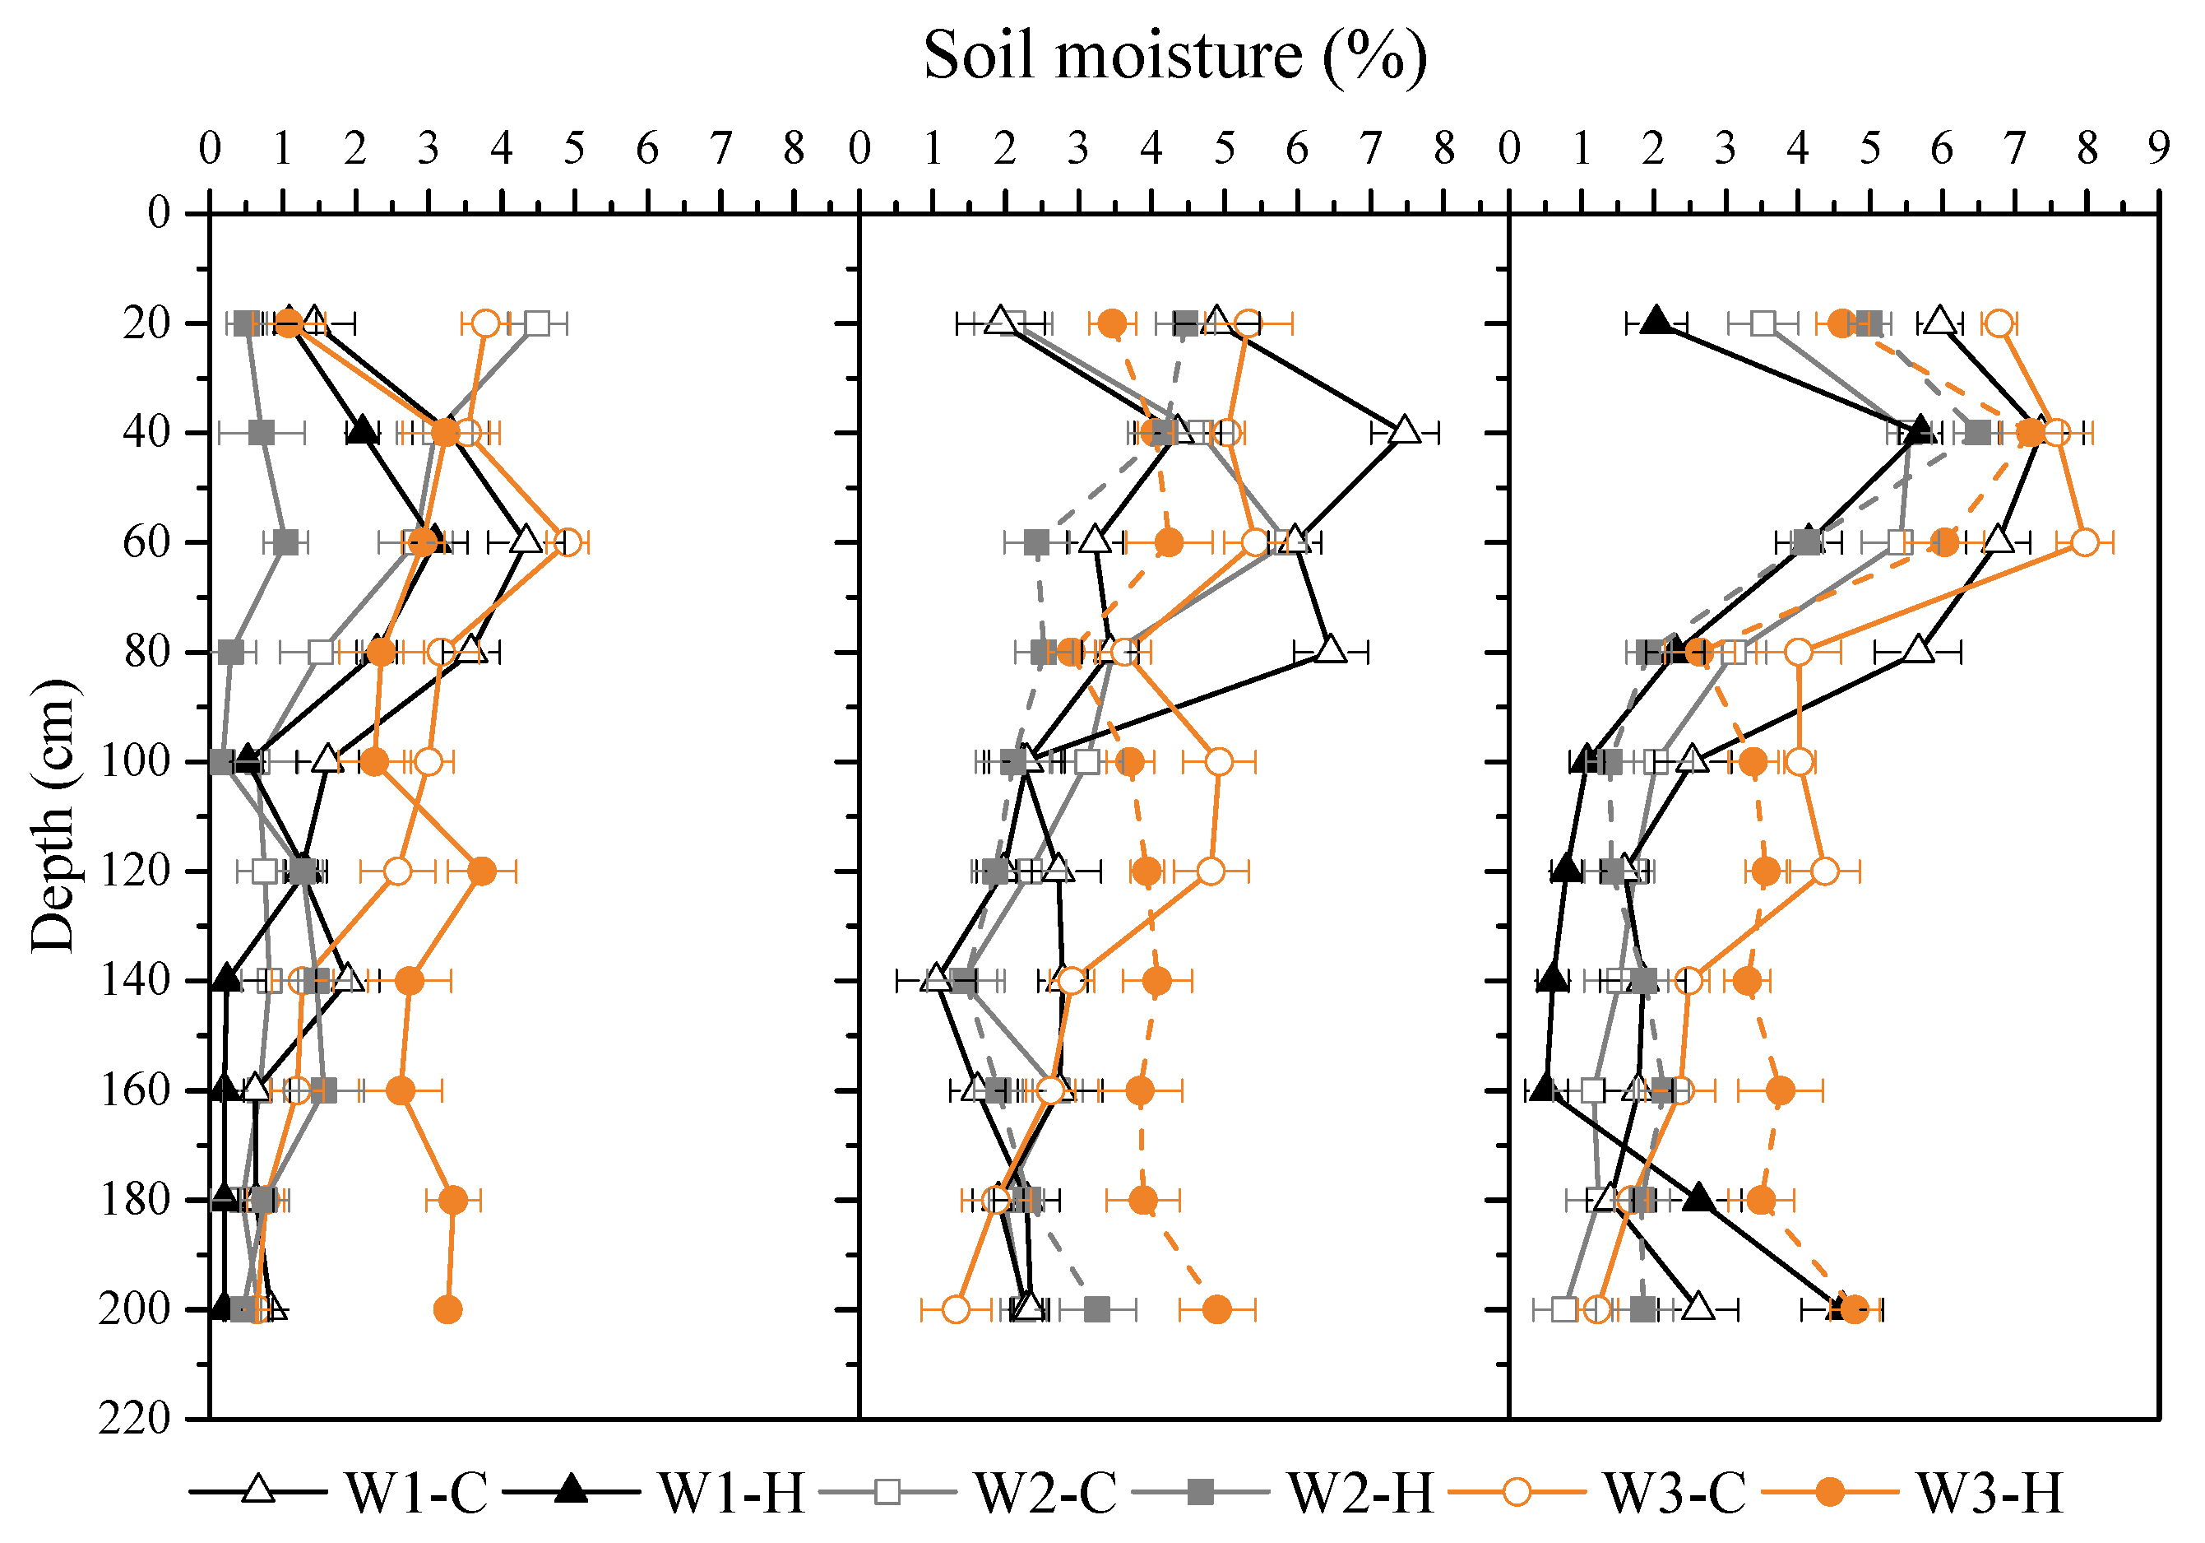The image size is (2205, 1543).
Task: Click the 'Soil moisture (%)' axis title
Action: pyautogui.click(x=1174, y=56)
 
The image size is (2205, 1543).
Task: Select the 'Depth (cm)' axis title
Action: pyautogui.click(x=53, y=816)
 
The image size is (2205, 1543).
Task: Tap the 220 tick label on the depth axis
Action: pyautogui.click(x=134, y=1418)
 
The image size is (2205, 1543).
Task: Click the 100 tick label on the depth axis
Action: pyautogui.click(x=134, y=761)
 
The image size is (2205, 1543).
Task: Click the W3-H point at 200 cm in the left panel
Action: pyautogui.click(x=447, y=1309)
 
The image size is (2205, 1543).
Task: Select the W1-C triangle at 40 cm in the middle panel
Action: pyautogui.click(x=1405, y=430)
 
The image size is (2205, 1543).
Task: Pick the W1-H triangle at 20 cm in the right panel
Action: pyautogui.click(x=1655, y=321)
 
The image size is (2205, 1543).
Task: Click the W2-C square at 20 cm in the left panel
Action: pyautogui.click(x=537, y=323)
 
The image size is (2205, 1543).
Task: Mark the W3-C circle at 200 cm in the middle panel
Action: pyautogui.click(x=956, y=1309)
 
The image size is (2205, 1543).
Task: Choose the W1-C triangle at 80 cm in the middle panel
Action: pyautogui.click(x=1330, y=649)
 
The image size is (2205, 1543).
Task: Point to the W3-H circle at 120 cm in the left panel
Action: pyautogui.click(x=483, y=871)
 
